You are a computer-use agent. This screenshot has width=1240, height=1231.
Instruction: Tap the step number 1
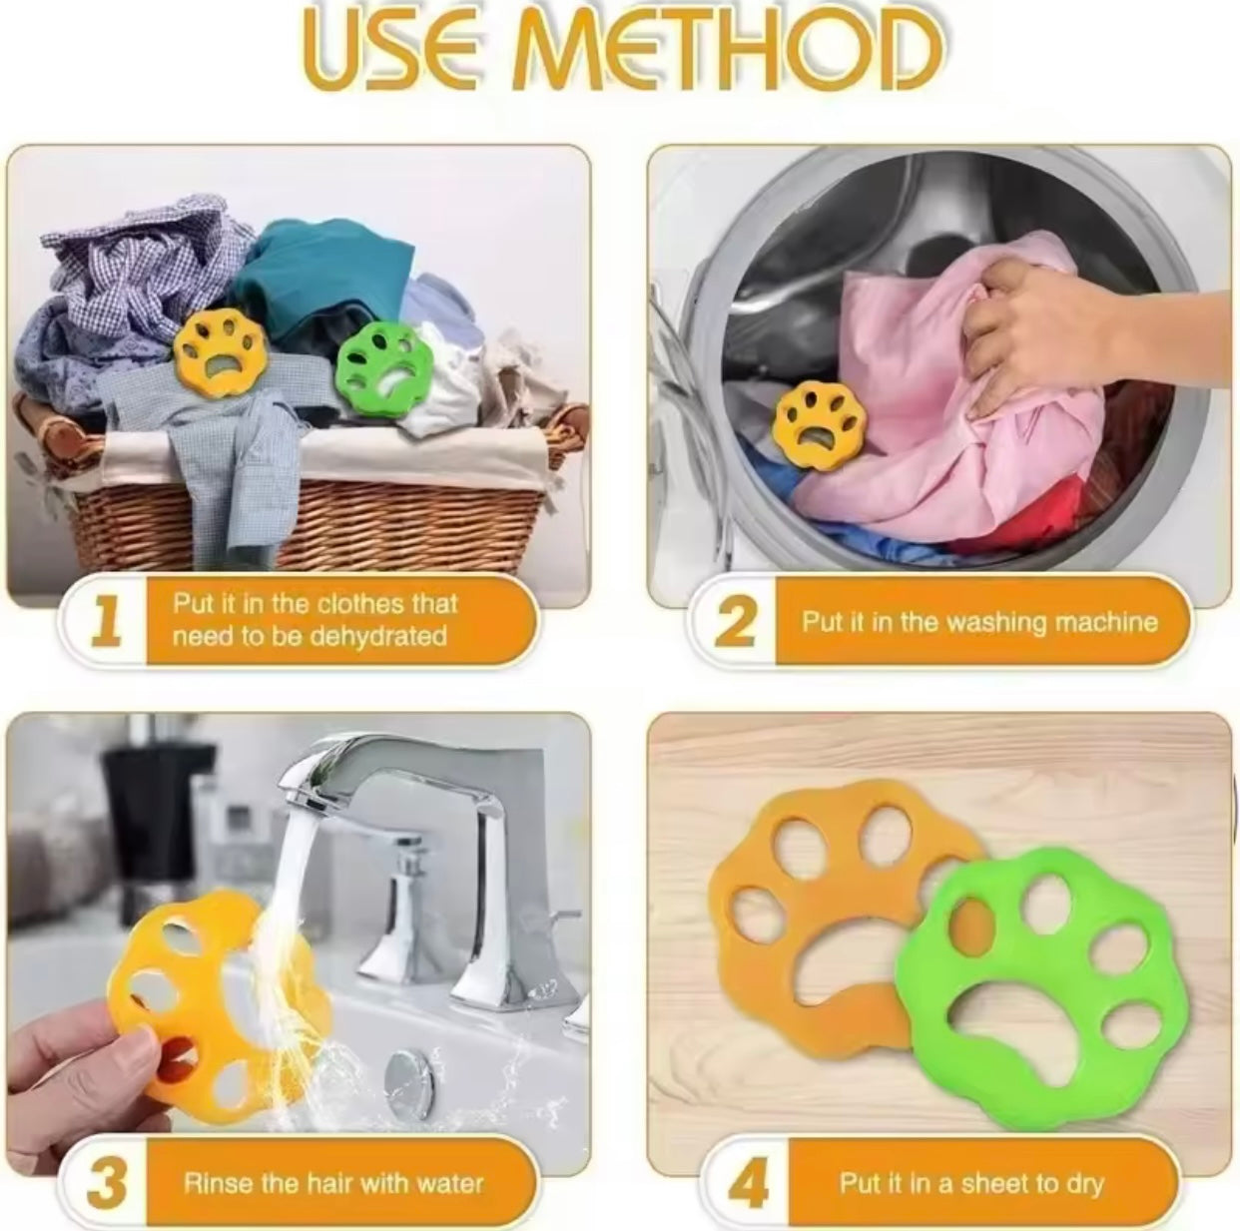point(106,621)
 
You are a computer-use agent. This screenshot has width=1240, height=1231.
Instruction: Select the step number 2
point(734,621)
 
